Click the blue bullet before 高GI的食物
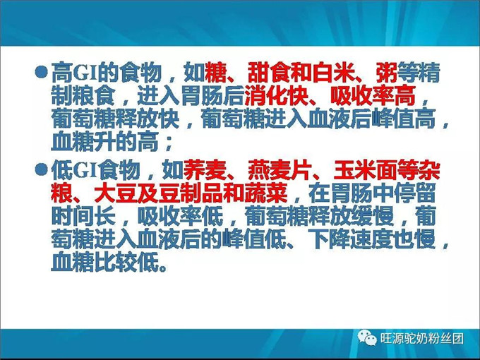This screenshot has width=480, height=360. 42,72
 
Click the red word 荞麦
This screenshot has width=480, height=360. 203,169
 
